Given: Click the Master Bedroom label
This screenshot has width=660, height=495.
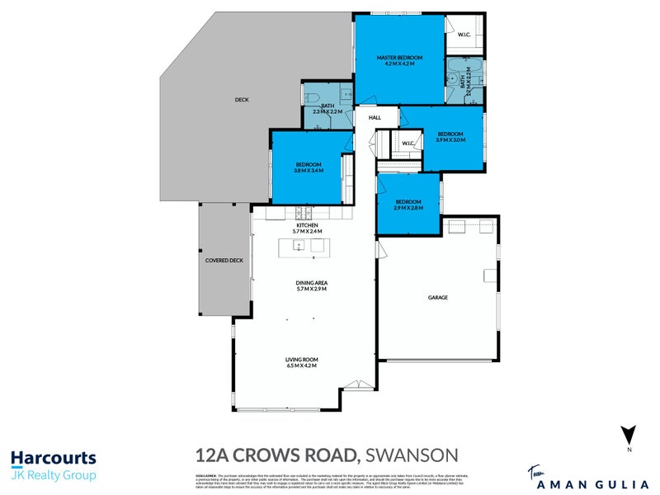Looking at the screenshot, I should [399, 58].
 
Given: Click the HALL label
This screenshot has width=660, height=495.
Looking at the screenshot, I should [375, 118].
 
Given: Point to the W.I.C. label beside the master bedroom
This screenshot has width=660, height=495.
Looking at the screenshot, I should [461, 35].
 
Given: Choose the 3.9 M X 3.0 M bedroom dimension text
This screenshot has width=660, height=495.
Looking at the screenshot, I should [450, 140].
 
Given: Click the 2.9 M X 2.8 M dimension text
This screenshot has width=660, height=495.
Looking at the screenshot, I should [408, 208].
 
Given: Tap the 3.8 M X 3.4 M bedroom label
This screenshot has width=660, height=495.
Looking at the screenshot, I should [308, 171].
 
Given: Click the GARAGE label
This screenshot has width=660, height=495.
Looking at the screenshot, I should [437, 297].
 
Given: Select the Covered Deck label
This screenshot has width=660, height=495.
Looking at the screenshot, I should [224, 261].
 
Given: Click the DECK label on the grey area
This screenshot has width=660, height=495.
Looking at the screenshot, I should [241, 100].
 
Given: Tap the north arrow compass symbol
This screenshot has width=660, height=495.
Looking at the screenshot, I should [629, 434].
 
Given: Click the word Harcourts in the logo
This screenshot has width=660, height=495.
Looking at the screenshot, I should [53, 458].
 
